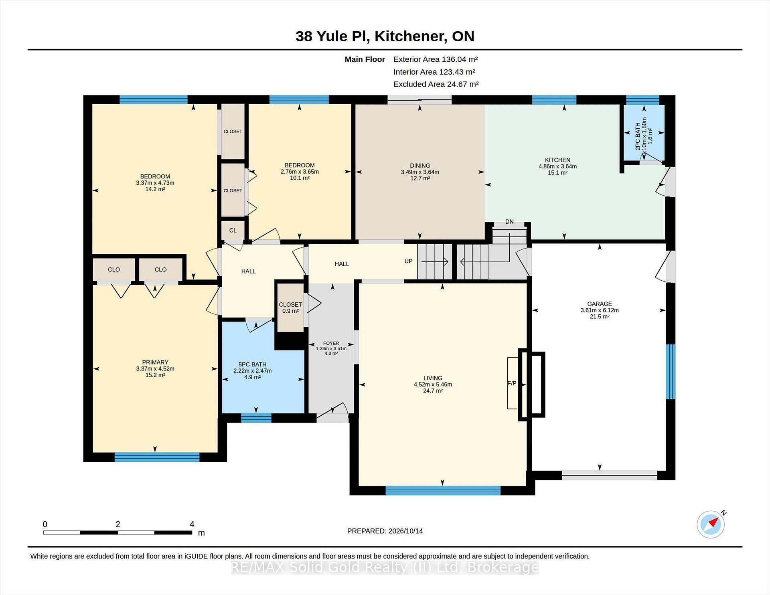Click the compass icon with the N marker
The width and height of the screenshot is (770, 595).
[711, 524]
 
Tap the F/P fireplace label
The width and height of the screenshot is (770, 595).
[512, 383]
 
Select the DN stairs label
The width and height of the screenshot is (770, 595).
[509, 222]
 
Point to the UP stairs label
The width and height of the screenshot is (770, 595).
[408, 261]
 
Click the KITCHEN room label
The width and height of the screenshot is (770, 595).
[557, 160]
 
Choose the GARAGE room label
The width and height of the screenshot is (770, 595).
[600, 304]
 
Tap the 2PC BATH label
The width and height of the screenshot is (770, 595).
[638, 136]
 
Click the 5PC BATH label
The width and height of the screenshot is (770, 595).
[252, 364]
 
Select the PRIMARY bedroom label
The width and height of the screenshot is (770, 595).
[155, 362]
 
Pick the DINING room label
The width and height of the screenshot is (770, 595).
[420, 166]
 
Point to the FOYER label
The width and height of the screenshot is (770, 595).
[331, 343]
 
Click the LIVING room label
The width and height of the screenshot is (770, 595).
[433, 378]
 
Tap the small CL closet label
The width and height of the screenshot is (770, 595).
[233, 230]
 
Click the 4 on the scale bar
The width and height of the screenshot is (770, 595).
[192, 524]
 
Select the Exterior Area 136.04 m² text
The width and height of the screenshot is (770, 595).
[436, 59]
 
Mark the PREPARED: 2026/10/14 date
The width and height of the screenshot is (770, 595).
[385, 531]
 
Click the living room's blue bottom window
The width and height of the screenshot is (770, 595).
[443, 490]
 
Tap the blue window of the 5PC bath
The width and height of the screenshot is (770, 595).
[256, 418]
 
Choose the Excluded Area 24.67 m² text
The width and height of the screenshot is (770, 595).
[436, 84]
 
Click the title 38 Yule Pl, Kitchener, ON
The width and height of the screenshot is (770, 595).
[385, 36]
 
